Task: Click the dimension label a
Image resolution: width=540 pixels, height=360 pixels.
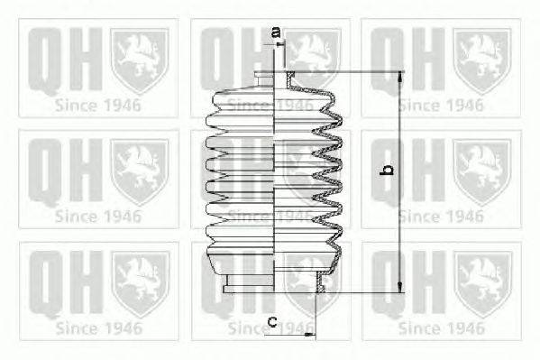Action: [x=276, y=32]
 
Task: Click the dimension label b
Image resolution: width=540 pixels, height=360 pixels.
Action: [x=388, y=170]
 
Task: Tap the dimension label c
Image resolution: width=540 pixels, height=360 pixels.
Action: [x=273, y=321]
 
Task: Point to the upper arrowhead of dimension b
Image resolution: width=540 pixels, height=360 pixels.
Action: [x=400, y=78]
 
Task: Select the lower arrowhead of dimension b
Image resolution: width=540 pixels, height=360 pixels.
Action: [x=400, y=287]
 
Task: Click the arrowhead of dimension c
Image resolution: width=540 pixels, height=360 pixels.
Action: [x=310, y=334]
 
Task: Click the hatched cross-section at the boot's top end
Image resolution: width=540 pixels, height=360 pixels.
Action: [x=291, y=77]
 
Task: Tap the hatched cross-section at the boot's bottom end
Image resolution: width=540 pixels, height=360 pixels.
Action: [x=320, y=282]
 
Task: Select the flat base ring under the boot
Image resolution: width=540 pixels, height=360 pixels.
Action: [x=248, y=289]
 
